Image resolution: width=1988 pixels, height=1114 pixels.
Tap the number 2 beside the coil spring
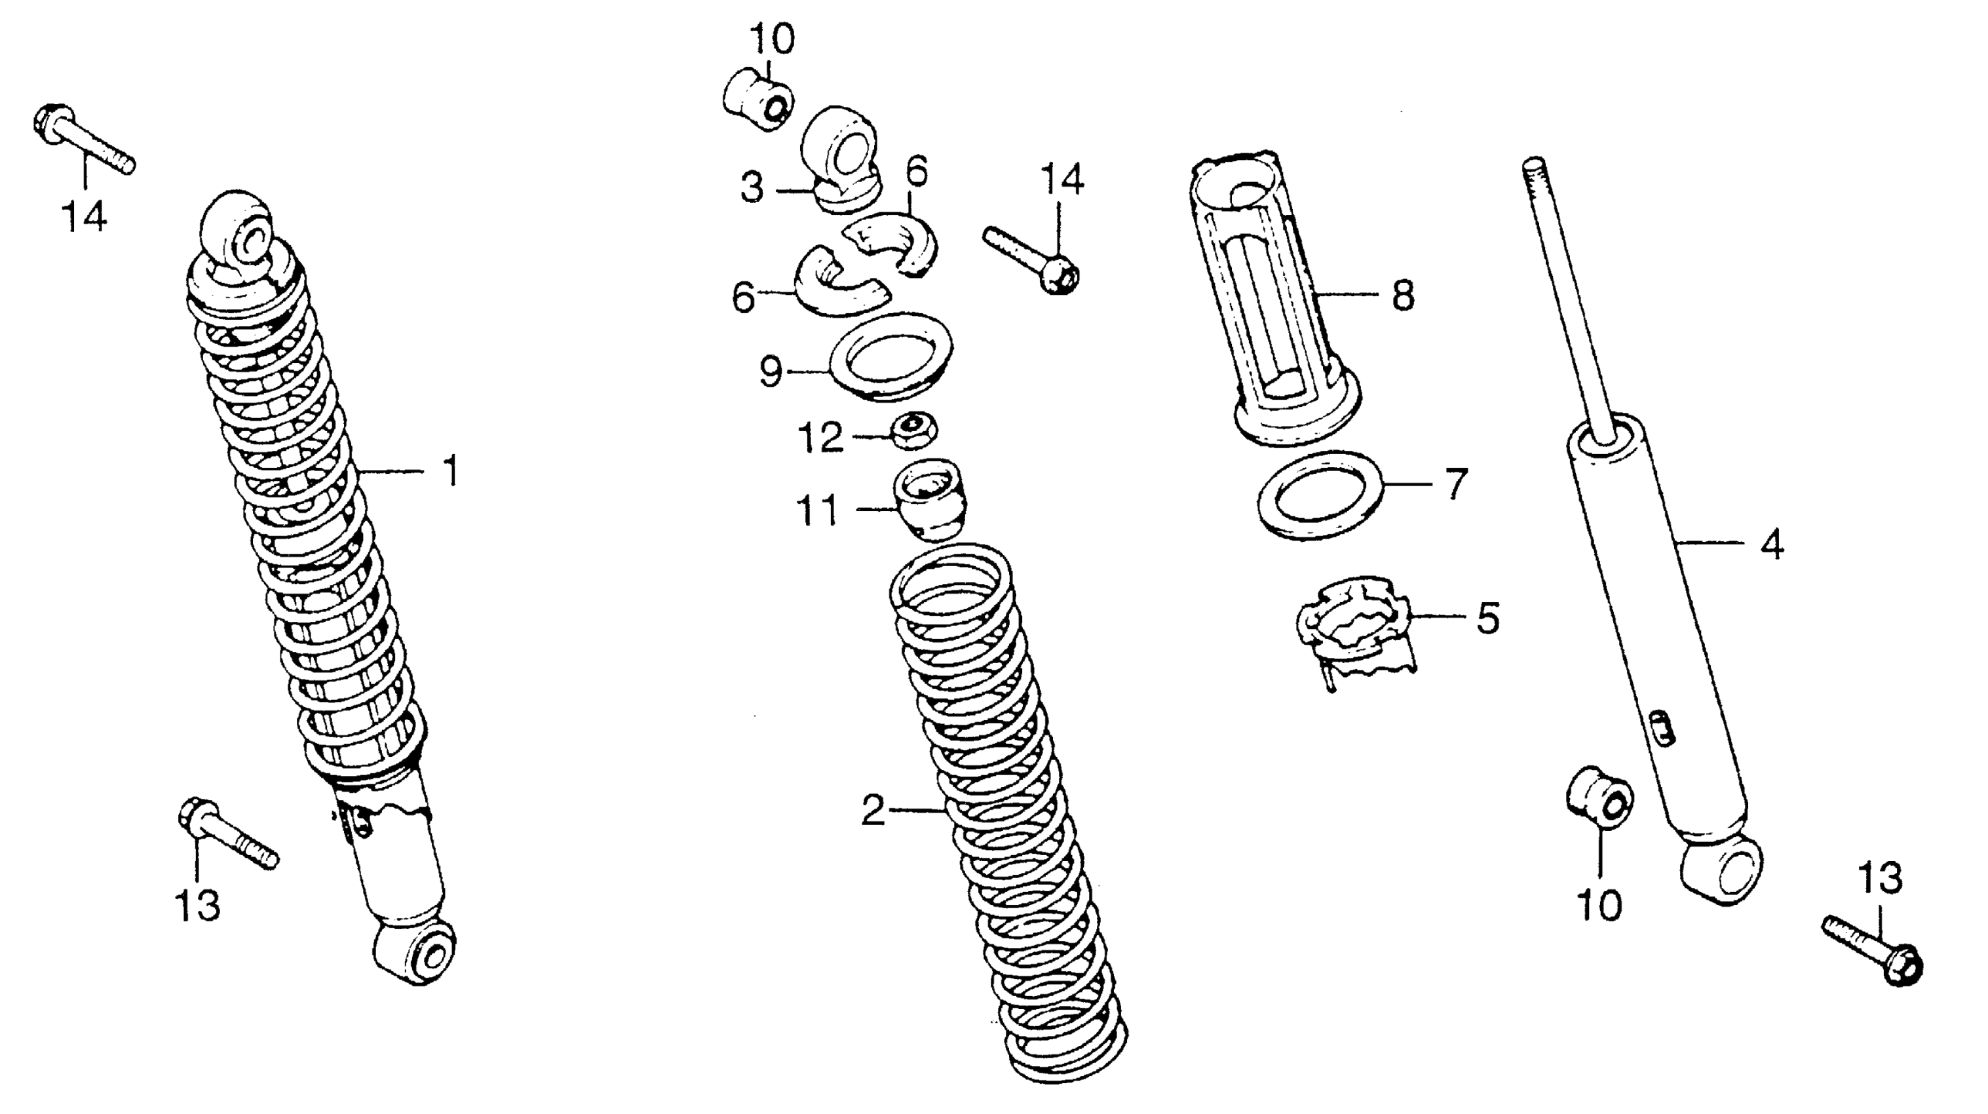[873, 810]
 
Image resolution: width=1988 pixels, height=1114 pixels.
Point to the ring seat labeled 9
[890, 356]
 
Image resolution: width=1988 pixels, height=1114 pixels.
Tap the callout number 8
[1403, 295]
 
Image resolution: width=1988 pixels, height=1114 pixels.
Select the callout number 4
[1772, 545]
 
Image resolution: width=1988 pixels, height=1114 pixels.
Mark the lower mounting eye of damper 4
[1721, 871]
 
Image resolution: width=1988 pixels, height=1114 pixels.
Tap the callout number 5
[1488, 617]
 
